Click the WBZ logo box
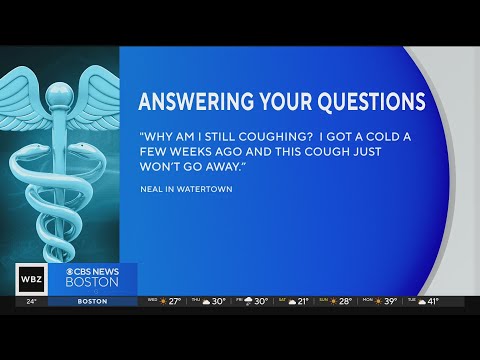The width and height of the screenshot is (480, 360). click(x=30, y=278)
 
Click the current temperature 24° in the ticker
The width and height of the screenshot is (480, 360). click(x=30, y=301)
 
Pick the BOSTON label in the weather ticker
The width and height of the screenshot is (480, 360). click(x=92, y=301)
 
